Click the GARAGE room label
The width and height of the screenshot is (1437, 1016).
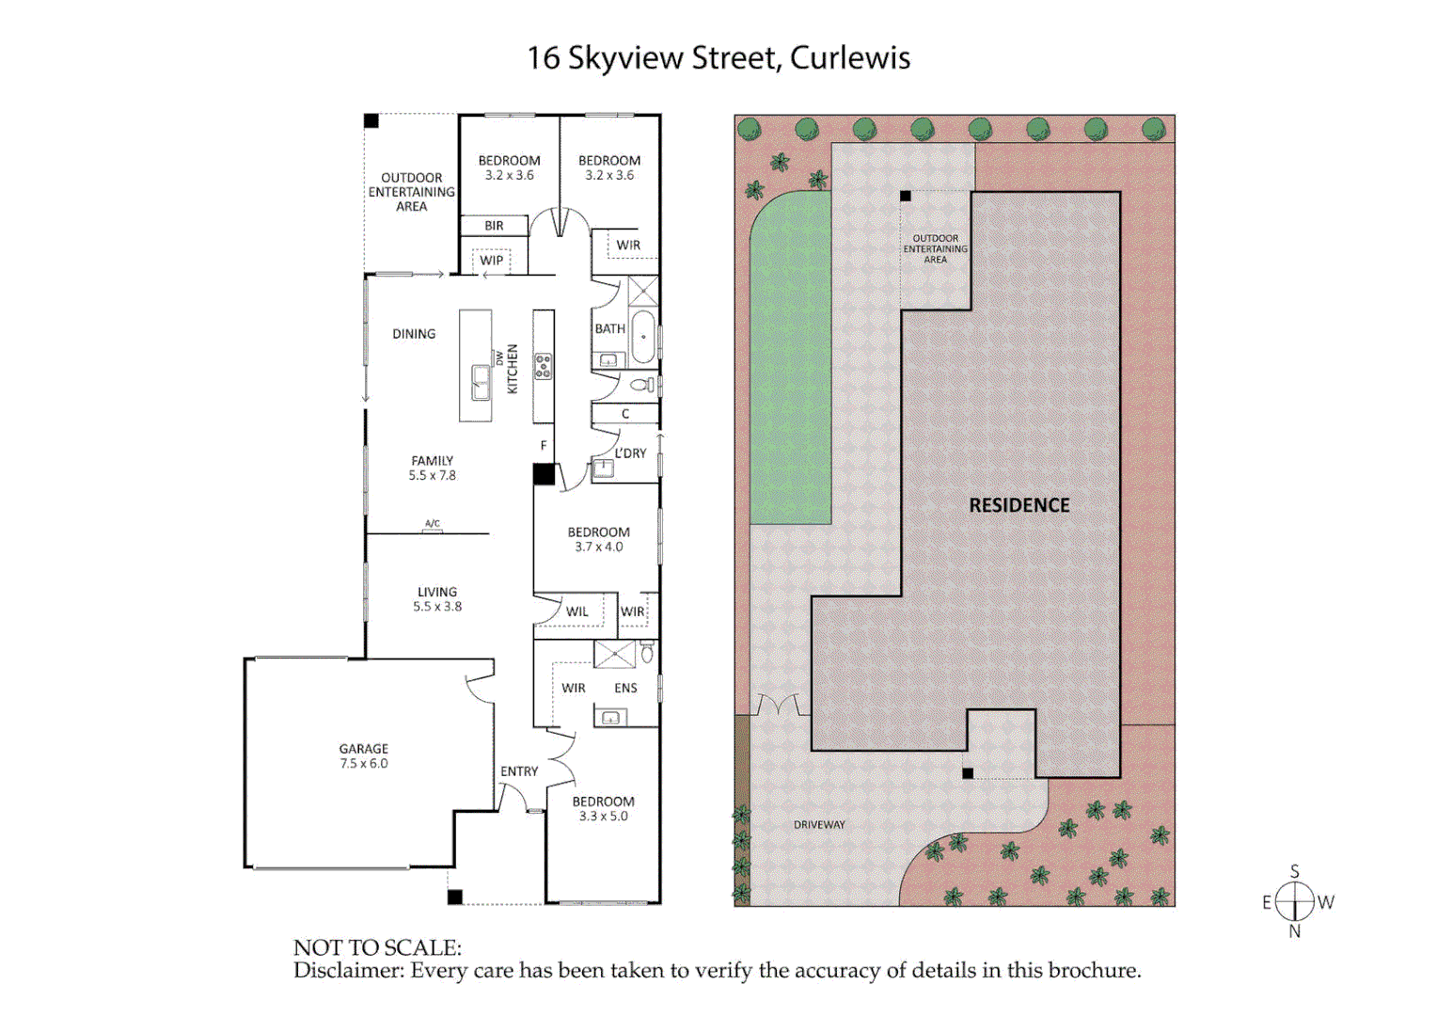tap(364, 749)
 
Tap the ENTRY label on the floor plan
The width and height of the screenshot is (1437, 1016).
tap(519, 771)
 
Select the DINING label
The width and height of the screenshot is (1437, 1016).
tap(414, 334)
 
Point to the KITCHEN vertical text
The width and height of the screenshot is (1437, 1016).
tap(513, 369)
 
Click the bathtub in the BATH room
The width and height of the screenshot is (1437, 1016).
tap(643, 337)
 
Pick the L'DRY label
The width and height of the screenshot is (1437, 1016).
tap(631, 453)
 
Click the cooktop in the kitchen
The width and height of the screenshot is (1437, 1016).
tap(543, 366)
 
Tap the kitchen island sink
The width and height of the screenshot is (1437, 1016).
tap(481, 382)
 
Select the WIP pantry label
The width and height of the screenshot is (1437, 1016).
tap(492, 261)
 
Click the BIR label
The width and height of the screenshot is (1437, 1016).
tap(494, 226)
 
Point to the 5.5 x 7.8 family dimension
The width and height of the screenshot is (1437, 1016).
tap(432, 476)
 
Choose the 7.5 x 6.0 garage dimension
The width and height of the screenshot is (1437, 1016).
tap(364, 764)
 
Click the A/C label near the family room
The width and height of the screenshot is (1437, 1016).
tap(433, 524)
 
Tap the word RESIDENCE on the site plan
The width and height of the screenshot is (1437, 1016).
tap(1019, 505)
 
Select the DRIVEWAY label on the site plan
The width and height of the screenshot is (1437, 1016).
tap(819, 825)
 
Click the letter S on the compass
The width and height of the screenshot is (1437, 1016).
tap(1295, 871)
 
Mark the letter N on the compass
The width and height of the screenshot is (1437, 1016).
tap(1295, 931)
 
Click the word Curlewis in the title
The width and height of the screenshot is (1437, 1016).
tap(850, 58)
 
